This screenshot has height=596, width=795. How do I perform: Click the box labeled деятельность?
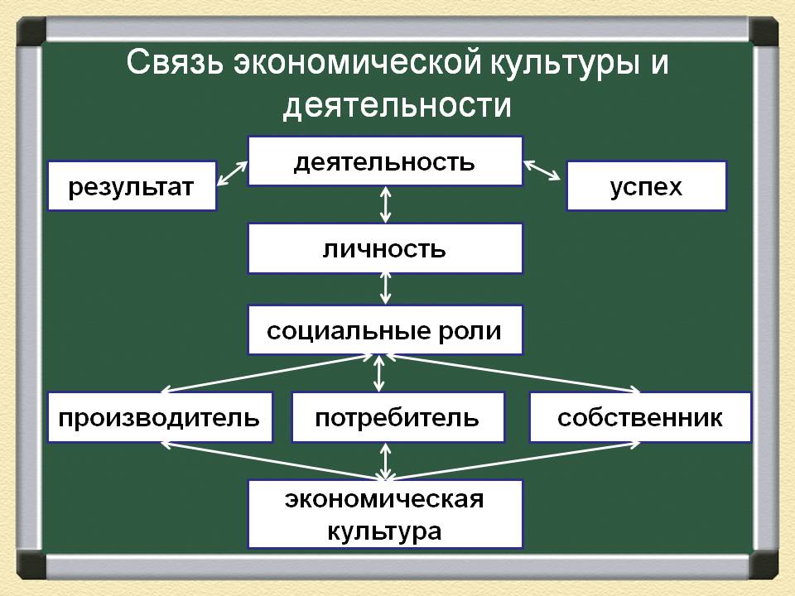click(x=385, y=161)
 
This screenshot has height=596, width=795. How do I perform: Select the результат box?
click(x=132, y=187)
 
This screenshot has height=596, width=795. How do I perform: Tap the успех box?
click(x=646, y=186)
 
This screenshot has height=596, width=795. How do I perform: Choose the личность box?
click(x=385, y=248)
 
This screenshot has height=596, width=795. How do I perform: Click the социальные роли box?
click(x=385, y=330)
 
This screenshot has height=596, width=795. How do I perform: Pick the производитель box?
click(x=160, y=417)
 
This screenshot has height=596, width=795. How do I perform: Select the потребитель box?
click(x=397, y=417)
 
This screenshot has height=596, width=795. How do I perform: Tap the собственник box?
click(x=640, y=417)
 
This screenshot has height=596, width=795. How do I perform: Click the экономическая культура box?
click(x=385, y=513)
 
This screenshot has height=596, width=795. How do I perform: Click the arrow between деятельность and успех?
click(x=542, y=171)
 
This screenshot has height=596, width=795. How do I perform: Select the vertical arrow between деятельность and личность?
click(x=385, y=204)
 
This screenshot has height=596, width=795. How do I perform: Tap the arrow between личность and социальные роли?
click(x=385, y=289)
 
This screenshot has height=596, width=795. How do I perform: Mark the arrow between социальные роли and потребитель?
click(x=379, y=373)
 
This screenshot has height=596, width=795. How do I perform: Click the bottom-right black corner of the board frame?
click(x=764, y=565)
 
